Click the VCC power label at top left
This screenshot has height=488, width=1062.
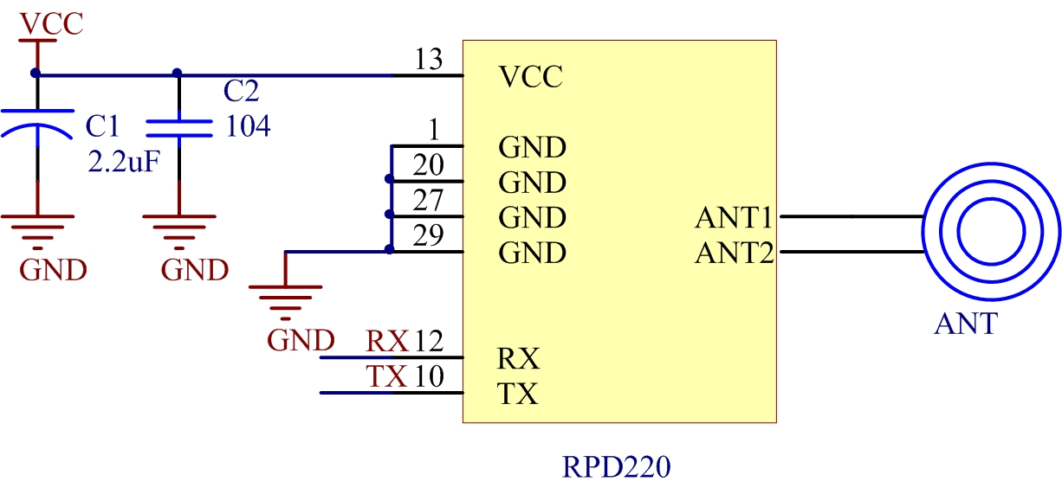[52, 23]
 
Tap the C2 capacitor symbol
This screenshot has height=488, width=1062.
[178, 128]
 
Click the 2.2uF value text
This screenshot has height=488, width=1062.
[123, 161]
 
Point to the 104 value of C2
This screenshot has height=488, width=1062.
[248, 127]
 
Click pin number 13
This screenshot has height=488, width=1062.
[428, 61]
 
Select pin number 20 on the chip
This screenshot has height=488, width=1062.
[428, 165]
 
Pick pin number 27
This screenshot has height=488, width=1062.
[428, 201]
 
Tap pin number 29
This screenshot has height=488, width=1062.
[428, 236]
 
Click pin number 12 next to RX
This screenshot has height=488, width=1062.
[429, 341]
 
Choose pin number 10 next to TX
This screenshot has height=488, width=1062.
[429, 376]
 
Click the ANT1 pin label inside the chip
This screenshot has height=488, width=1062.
[734, 218]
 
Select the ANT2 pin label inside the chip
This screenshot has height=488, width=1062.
[734, 254]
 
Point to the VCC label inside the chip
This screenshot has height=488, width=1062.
[531, 78]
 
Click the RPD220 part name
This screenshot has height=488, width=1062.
[617, 468]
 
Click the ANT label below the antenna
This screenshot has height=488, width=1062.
[966, 324]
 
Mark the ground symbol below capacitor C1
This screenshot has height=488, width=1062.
[37, 227]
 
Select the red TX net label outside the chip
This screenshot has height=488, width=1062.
[386, 376]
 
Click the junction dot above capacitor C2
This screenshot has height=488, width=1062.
[178, 74]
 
